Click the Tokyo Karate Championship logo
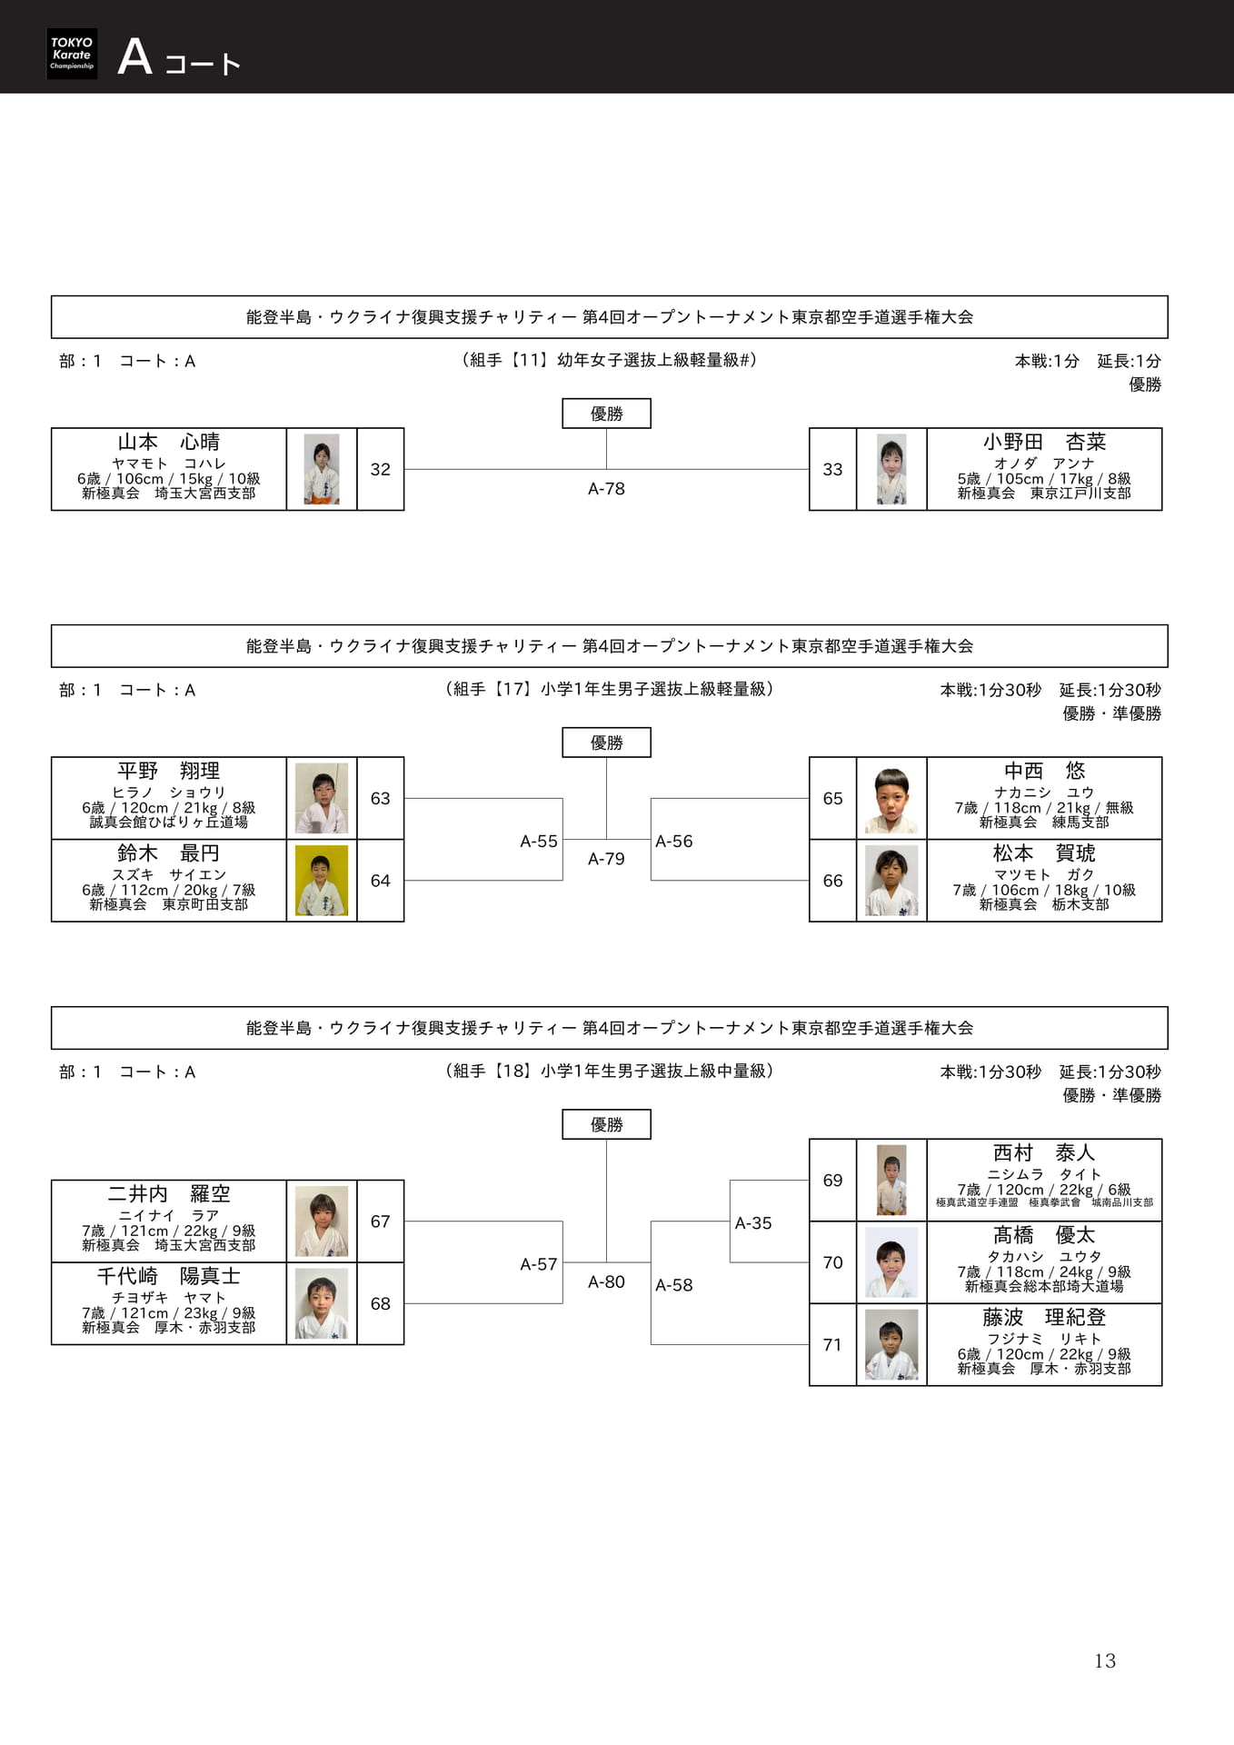click(72, 54)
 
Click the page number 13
click(1104, 1660)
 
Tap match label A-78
click(606, 489)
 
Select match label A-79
click(606, 859)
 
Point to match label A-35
click(753, 1223)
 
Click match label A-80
click(606, 1282)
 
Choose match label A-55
click(539, 842)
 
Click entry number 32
click(380, 469)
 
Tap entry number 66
click(832, 881)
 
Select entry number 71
click(832, 1345)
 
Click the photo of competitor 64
click(322, 881)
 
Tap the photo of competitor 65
click(891, 799)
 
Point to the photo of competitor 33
click(891, 469)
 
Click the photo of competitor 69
click(891, 1180)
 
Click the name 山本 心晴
click(169, 442)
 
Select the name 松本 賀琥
click(1044, 853)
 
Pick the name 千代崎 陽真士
click(169, 1276)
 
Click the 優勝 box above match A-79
click(606, 743)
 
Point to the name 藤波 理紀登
click(1044, 1317)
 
